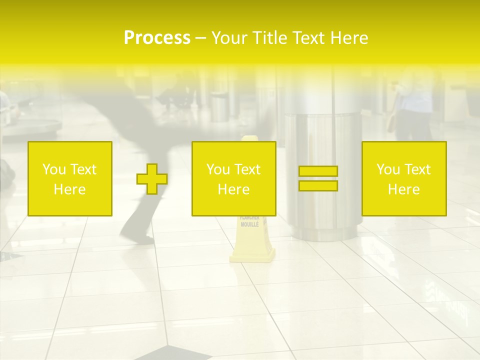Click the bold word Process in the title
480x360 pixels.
click(x=157, y=38)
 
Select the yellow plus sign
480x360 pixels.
click(x=152, y=178)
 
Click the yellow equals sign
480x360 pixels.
click(x=318, y=178)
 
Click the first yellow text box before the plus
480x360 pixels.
click(x=70, y=178)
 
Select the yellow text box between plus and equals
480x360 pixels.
click(x=234, y=178)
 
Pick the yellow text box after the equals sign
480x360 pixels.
click(x=404, y=178)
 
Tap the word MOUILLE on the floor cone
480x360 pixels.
click(x=249, y=224)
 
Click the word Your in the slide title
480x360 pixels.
click(x=228, y=38)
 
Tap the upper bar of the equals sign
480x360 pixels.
click(x=318, y=171)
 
